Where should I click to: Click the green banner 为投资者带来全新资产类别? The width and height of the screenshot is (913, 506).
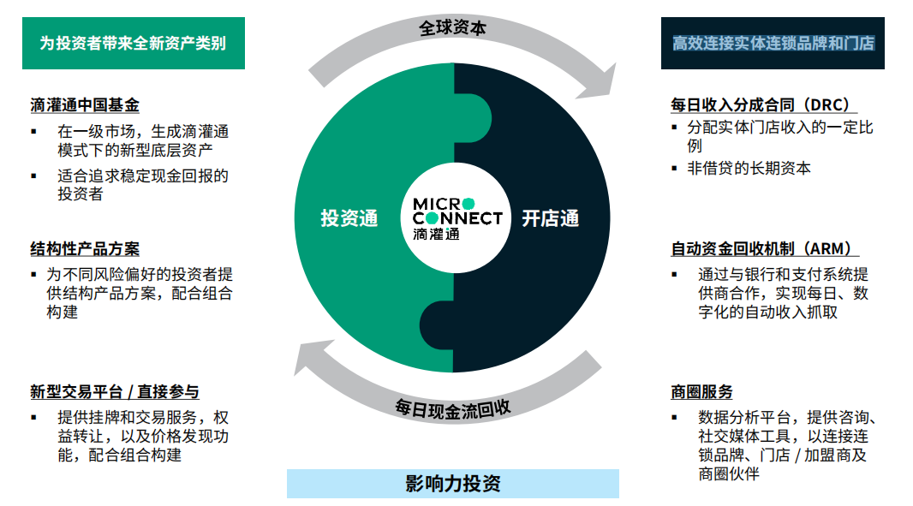133,43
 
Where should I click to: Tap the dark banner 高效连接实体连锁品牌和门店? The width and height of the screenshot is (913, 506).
773,43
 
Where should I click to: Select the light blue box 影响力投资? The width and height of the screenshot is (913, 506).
452,484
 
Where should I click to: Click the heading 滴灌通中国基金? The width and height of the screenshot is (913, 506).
85,105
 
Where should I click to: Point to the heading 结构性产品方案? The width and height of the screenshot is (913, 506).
85,249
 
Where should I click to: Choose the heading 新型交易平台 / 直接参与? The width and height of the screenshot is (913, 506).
115,392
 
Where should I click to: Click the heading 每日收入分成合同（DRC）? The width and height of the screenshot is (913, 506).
763,105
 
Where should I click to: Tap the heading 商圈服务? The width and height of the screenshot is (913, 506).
701,392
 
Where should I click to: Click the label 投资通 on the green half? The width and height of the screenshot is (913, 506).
349,218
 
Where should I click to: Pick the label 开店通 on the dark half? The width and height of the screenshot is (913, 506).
551,218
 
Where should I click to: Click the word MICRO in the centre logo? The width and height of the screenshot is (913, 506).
439,204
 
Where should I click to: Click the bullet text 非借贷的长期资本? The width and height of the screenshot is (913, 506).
749,169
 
